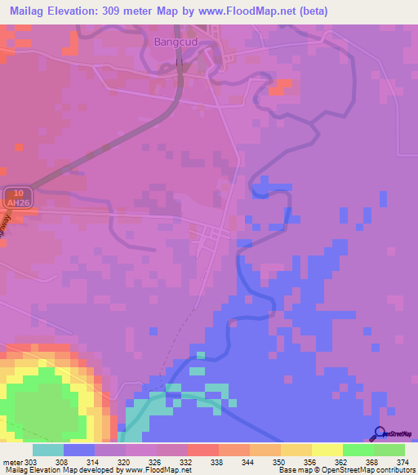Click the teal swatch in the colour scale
click(48, 450)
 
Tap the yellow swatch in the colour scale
click(327, 450)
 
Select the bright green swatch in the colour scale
click(358, 450)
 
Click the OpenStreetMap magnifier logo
click(378, 433)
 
